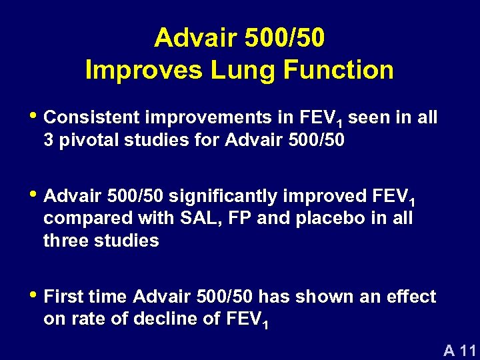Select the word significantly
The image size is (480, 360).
(x=215, y=196)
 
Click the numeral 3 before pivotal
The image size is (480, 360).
(x=49, y=141)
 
